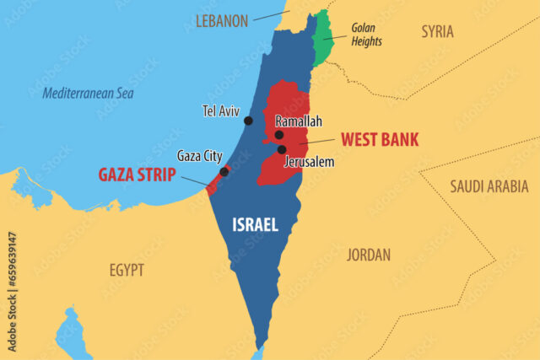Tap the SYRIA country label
tap(437, 31)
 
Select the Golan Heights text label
tap(366, 35)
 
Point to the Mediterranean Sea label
tap(88, 93)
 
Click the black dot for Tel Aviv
tap(248, 121)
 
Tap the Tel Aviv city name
tap(222, 110)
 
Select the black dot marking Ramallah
tap(279, 135)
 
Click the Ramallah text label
tap(299, 121)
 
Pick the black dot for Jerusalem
tap(282, 149)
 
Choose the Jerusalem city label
tap(310, 161)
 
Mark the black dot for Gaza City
tap(224, 172)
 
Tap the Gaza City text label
tap(199, 156)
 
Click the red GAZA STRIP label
tap(137, 175)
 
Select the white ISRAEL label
tap(255, 224)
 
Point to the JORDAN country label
tap(369, 254)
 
